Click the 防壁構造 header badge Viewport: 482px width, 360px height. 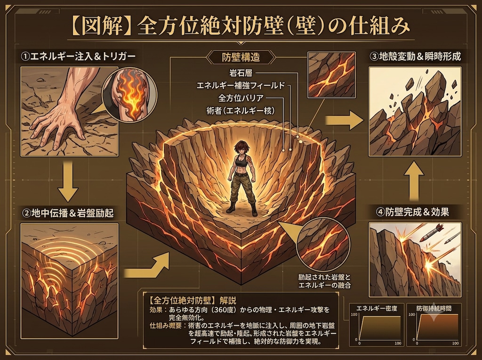point(241,57)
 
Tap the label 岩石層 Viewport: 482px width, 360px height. point(241,73)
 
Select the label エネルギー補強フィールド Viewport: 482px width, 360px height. point(241,85)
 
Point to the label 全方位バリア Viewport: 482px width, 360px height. point(241,98)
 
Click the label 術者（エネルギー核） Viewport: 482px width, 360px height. point(241,111)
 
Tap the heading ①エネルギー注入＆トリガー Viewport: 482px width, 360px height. point(78,56)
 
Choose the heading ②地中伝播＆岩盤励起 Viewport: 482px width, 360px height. point(68,213)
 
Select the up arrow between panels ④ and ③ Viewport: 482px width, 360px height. point(414,181)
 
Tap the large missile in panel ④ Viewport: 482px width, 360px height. point(432,233)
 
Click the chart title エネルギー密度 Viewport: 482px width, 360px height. point(377,308)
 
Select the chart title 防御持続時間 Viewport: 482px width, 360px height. point(434,308)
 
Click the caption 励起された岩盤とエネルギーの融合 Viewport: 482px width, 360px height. point(324,280)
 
